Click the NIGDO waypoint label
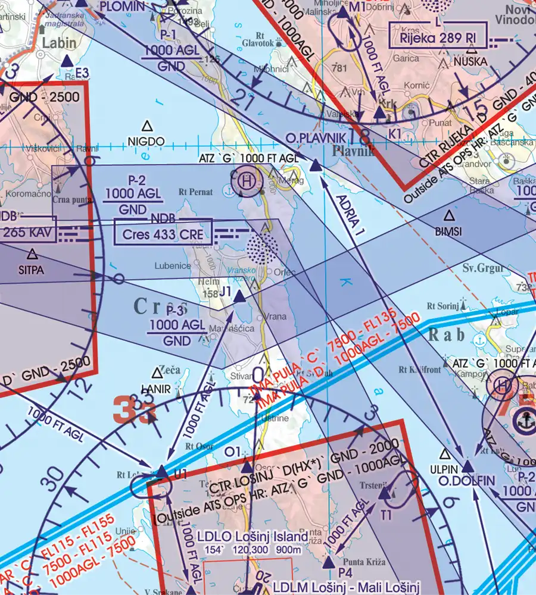coord(147,141)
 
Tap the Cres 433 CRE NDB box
coord(162,234)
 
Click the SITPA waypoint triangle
coord(32,254)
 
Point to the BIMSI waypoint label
coord(448,232)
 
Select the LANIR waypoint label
coord(156,390)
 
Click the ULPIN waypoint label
coord(444,469)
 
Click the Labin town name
coord(60,42)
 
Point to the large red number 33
coord(134,410)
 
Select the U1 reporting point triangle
coord(163,472)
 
